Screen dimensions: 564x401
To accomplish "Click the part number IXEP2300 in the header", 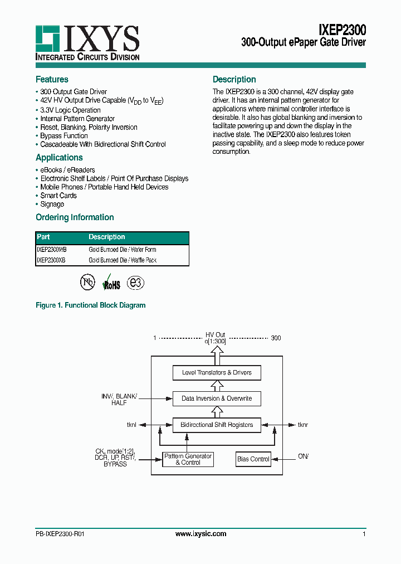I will pos(342,29).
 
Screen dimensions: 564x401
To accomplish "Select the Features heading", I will pos(52,80).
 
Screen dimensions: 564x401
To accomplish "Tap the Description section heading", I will pos(234,80).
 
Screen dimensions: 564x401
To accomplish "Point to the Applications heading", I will pos(59,158).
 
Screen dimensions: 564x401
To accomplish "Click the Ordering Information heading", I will pos(75,217).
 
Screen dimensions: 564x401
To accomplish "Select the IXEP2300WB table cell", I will pos(51,250).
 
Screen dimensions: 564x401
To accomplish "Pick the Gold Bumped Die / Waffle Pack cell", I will pos(123,260).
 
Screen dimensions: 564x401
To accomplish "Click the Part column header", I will pos(43,237).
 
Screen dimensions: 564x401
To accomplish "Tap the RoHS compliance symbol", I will pos(111,283).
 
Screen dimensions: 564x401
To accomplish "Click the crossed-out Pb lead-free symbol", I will pos(87,282).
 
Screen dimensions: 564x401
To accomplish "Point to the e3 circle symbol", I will pos(135,283).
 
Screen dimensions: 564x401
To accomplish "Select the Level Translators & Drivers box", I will pos(217,373).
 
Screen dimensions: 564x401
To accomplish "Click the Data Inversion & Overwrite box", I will pos(217,398).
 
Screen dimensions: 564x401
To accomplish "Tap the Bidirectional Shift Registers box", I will pos(217,425).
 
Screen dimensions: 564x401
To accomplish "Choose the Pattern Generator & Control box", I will pos(188,459).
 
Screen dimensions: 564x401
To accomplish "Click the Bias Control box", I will pos(253,459).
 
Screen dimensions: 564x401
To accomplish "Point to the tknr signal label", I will pos(303,425).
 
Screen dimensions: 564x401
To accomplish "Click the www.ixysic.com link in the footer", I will pos(200,534).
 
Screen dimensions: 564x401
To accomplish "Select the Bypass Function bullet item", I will pos(63,136).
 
